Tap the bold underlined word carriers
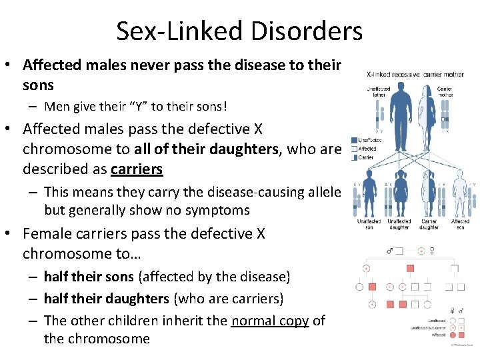point(138,169)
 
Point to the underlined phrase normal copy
point(270,321)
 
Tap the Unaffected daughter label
point(400,225)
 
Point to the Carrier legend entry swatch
point(355,158)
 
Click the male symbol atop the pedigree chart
point(389,251)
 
